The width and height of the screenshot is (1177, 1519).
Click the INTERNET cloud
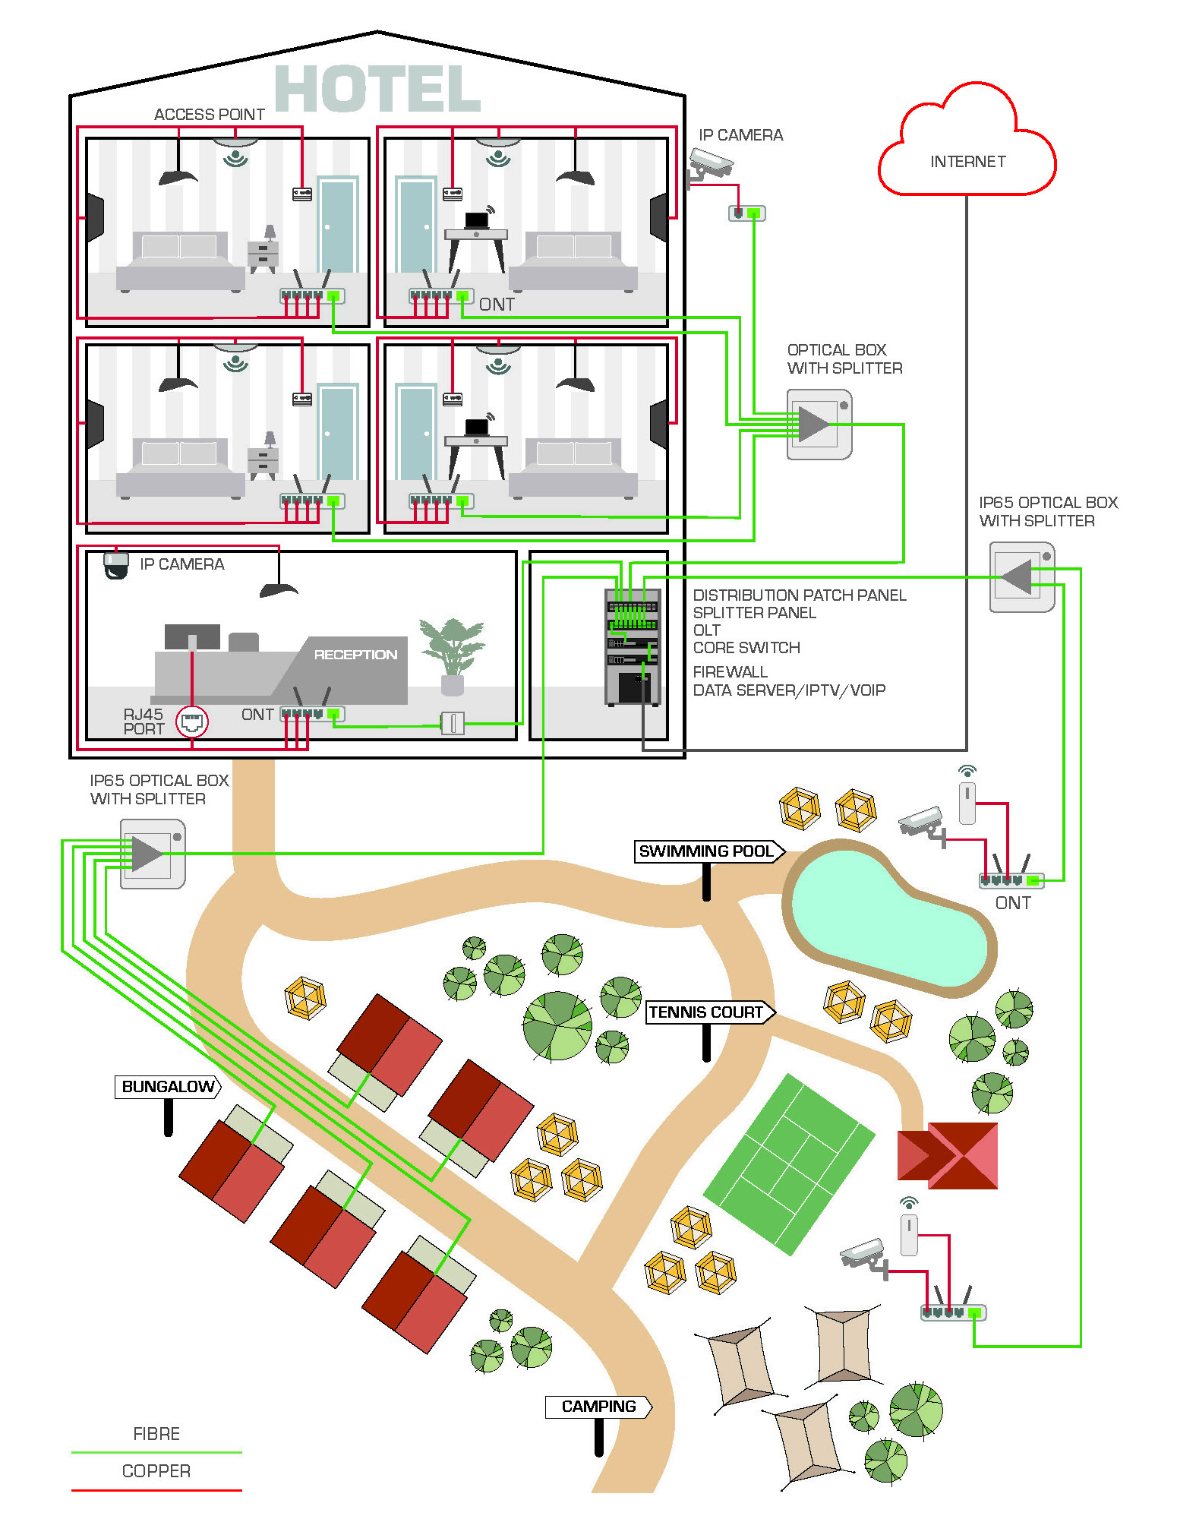point(967,152)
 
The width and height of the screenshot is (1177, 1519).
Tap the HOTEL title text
point(377,89)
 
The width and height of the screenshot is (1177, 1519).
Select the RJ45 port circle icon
point(191,721)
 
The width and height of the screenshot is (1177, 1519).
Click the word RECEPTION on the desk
point(355,655)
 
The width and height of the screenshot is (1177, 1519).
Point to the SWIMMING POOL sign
point(706,851)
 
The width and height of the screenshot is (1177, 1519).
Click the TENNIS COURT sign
point(706,1012)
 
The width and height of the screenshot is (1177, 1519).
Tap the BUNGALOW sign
point(168,1087)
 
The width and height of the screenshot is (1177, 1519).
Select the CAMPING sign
point(598,1407)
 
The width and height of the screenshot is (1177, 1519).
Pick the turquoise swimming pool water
point(888,919)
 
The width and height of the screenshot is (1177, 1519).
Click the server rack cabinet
point(633,646)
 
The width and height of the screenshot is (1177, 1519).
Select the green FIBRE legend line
point(156,1452)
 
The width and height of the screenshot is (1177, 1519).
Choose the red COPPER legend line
point(156,1490)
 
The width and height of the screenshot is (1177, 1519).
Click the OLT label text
point(706,630)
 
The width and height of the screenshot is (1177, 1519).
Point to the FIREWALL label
point(730,672)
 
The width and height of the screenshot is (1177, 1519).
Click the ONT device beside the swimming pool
point(1011,880)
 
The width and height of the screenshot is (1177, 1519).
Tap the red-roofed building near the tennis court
point(948,1155)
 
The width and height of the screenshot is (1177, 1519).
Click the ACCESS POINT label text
point(209,115)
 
